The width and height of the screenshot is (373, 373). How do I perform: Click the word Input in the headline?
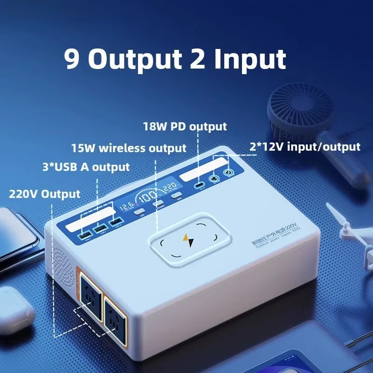250,59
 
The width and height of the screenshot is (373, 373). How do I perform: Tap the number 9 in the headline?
72,59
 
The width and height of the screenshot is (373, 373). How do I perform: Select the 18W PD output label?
186,126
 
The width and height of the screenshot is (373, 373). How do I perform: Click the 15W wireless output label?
129,148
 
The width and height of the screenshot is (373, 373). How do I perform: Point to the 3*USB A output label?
86,167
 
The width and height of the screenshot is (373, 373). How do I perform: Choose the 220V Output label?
45,193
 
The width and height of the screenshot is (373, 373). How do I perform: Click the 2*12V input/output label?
305,147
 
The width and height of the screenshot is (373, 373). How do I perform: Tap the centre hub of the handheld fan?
294,112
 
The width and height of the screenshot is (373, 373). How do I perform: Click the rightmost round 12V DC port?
228,173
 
